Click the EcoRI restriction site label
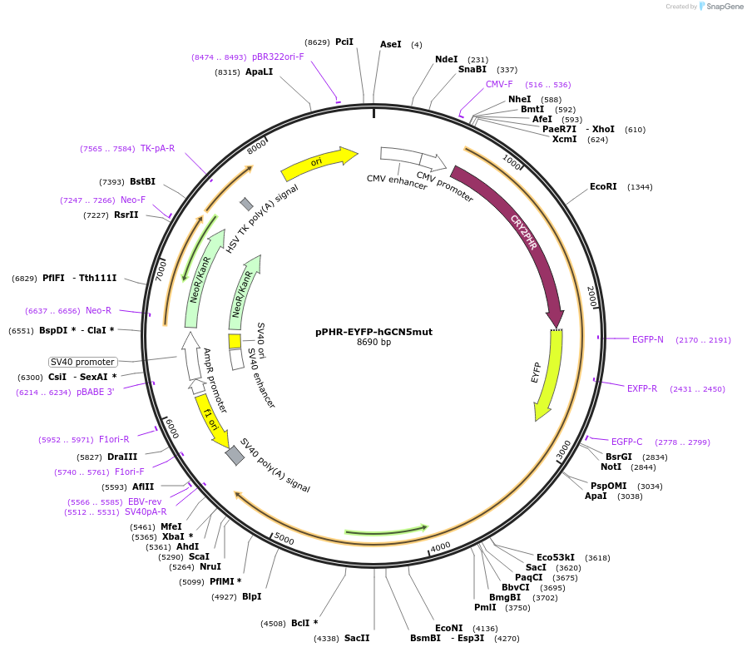coord(603,187)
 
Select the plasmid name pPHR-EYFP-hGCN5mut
coord(373,332)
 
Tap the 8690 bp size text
coord(373,343)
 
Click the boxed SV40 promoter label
coord(82,362)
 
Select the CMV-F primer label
coord(499,85)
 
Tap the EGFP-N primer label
coord(647,339)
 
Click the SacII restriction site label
coord(356,638)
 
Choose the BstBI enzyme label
coord(142,181)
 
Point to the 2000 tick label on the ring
coord(592,297)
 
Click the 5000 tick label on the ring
coord(284,539)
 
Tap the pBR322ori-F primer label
coord(278,57)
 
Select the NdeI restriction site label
coord(447,60)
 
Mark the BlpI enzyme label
coord(251,596)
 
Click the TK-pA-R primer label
coord(157,148)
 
